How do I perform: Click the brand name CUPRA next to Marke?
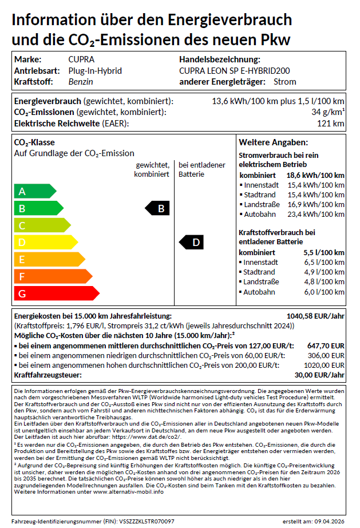click(x=81, y=59)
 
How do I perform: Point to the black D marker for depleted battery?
click(x=192, y=243)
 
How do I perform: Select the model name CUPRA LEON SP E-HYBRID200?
click(x=234, y=71)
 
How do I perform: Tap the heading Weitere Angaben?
click(x=273, y=142)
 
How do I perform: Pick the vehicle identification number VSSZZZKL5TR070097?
click(x=147, y=522)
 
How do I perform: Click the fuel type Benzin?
click(x=80, y=82)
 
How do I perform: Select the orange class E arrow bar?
click(x=49, y=260)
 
